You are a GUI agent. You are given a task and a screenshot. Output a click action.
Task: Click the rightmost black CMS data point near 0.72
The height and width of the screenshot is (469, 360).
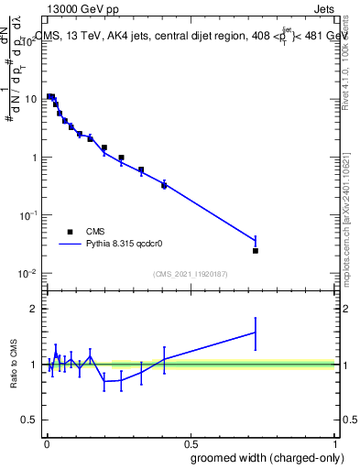pos(256,250)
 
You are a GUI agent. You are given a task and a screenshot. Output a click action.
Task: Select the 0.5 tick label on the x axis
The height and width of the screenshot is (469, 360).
pos(191,443)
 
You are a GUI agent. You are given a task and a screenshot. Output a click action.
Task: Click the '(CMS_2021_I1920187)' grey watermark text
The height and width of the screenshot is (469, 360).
pos(191,273)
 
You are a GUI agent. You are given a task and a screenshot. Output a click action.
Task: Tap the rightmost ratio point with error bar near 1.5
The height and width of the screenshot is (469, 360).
pos(256,333)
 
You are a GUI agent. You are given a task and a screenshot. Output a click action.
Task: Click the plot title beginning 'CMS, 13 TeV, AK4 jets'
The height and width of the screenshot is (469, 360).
pos(192,37)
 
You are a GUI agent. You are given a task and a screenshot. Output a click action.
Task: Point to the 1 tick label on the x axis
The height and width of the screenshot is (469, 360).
pos(336,443)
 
